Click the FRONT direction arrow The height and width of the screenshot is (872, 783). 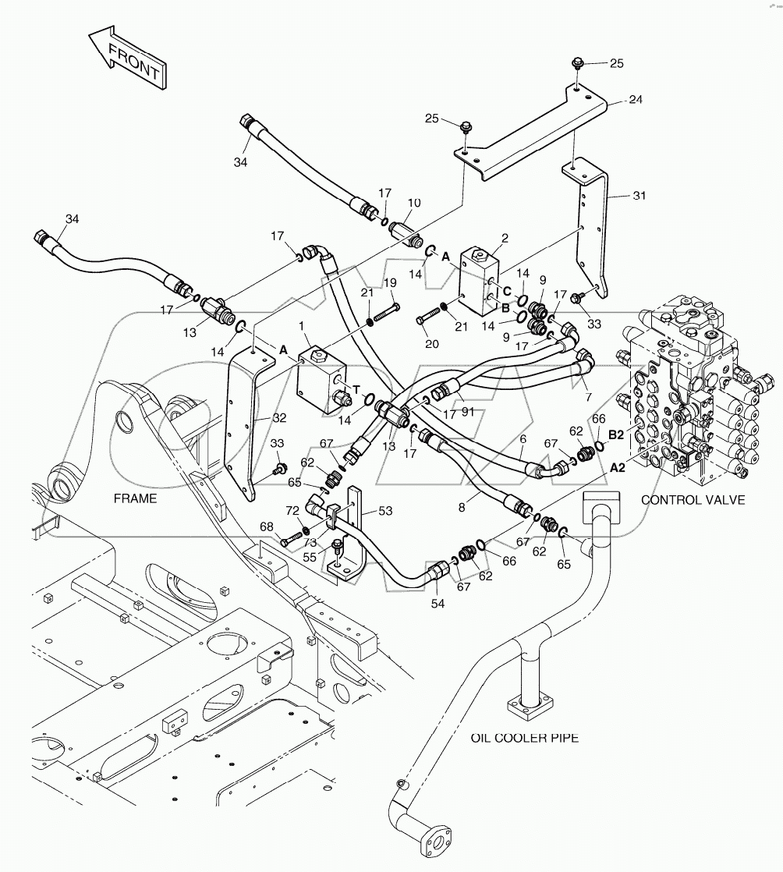tap(128, 61)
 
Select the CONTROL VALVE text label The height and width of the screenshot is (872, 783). tap(693, 500)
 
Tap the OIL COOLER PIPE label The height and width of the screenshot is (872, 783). tap(523, 737)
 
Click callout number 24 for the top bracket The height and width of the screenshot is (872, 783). tap(636, 99)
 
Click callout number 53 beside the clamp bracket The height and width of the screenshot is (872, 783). tap(385, 511)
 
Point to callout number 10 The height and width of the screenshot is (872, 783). tap(414, 203)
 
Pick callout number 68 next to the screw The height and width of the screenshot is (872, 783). tap(267, 527)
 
